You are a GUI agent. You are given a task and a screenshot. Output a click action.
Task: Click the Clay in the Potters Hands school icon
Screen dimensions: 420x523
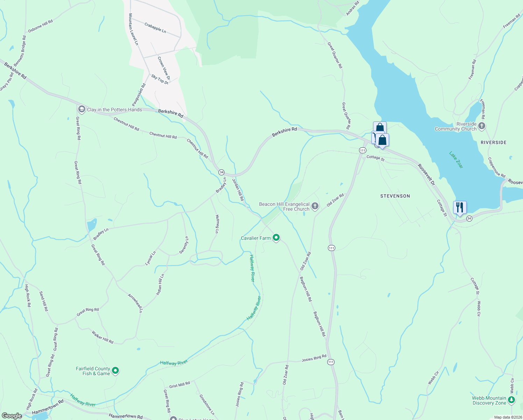click(x=81, y=110)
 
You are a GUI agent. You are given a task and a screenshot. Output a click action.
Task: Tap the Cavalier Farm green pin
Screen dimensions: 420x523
click(x=276, y=238)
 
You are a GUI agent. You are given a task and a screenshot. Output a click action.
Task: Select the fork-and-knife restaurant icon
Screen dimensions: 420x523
click(x=460, y=208)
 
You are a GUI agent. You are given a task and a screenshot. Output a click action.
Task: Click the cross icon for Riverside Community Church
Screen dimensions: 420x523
click(x=482, y=126)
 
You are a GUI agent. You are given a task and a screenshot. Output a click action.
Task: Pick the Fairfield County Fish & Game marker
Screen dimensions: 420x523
click(x=115, y=371)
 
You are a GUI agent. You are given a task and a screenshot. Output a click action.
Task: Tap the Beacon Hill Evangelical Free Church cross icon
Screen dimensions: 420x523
click(x=315, y=206)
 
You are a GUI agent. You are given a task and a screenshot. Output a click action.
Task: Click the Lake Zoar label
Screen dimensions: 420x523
click(x=456, y=160)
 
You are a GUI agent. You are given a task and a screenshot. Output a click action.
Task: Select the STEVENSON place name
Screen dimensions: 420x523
click(x=395, y=196)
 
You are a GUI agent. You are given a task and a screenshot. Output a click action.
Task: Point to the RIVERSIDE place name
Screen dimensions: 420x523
click(x=493, y=142)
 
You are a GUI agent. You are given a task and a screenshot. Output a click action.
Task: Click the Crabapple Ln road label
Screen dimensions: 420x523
click(x=155, y=28)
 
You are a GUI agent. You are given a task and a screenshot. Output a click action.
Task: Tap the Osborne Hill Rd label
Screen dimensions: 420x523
click(x=40, y=26)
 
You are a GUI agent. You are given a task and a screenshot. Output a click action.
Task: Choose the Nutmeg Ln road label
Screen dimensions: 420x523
click(x=217, y=224)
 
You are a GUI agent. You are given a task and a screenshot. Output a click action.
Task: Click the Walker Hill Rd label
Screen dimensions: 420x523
click(x=102, y=337)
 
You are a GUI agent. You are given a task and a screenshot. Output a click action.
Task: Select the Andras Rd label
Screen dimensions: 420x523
click(x=352, y=9)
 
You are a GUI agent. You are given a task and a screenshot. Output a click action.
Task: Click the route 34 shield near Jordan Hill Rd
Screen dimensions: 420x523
click(x=221, y=172)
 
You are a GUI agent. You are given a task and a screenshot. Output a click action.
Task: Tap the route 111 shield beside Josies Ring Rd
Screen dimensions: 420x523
click(x=331, y=362)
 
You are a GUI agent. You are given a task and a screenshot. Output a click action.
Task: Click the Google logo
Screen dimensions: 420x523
click(x=12, y=416)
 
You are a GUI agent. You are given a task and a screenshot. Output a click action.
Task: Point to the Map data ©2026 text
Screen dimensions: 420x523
click(x=508, y=417)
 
